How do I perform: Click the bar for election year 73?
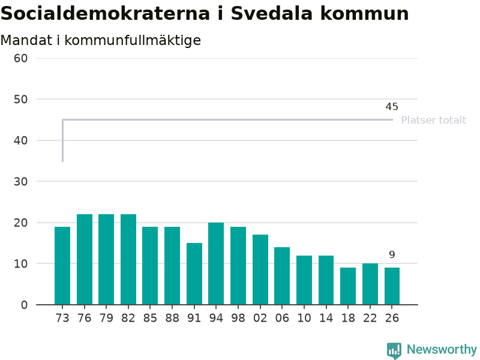coord(62,266)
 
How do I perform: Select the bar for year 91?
coord(194,274)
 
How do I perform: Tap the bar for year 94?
coord(216,263)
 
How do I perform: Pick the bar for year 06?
coord(282,276)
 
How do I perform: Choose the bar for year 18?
coord(348,286)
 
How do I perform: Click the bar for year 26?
coord(392,286)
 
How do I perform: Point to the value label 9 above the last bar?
coord(392,254)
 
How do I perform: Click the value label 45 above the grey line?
coord(392,107)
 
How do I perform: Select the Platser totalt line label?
coord(434,120)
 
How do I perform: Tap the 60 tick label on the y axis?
coord(20,58)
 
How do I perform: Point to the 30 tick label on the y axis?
coord(20,182)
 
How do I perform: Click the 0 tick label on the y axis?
coord(24,305)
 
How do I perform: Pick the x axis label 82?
coord(128,318)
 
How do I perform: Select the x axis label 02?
coord(260,318)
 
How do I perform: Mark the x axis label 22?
coord(370,318)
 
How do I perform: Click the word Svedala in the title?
coord(271,13)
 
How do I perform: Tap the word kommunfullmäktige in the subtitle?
coord(133,41)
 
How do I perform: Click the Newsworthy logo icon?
coord(394,350)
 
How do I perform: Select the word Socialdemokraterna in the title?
coord(106,13)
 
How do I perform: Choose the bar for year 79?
coord(106,260)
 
